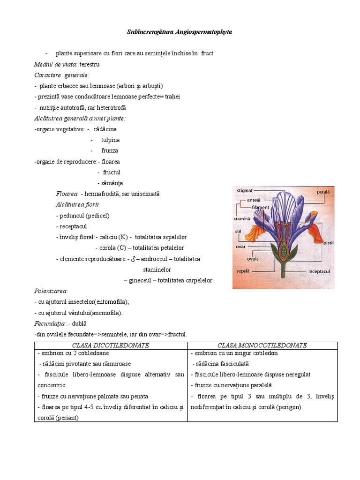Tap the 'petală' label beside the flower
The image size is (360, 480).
click(x=323, y=192)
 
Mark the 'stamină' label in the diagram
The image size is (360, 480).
click(x=242, y=218)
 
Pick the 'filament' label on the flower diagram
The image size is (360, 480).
click(x=260, y=207)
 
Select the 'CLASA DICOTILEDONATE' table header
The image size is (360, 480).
click(x=111, y=345)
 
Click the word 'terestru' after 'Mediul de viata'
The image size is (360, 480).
click(x=90, y=64)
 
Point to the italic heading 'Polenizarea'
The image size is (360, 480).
click(x=51, y=291)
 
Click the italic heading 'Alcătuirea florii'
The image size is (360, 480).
click(x=77, y=205)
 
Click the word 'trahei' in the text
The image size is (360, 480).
click(x=172, y=97)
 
